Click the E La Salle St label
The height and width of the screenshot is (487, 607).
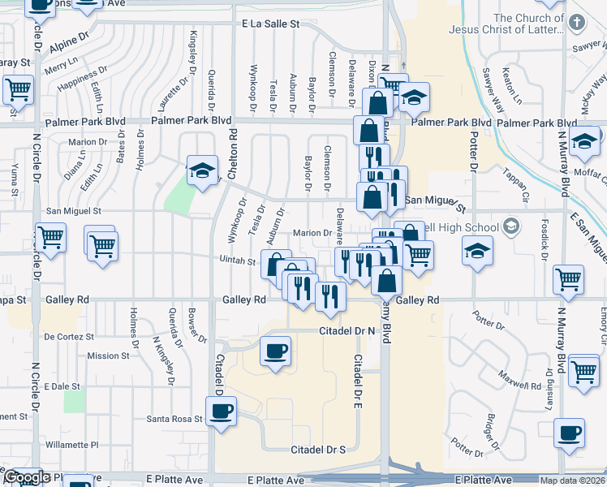270,24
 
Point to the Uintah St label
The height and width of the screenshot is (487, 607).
238,261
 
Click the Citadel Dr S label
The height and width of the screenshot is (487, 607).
319,449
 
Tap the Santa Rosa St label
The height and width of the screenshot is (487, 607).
173,419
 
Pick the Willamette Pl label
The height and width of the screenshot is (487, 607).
71,445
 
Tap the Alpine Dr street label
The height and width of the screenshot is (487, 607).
68,41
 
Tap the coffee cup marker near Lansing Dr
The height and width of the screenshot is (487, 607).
570,433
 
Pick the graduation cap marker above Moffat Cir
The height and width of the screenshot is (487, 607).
584,142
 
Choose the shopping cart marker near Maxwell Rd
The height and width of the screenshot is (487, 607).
583,371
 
